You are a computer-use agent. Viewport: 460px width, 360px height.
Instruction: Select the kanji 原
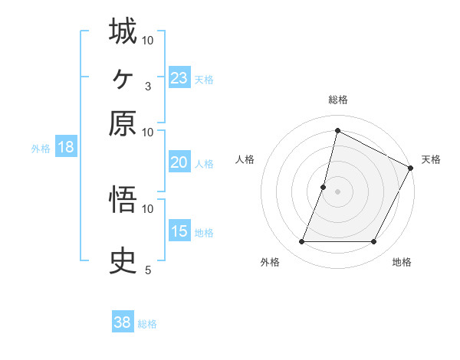pyautogui.click(x=123, y=123)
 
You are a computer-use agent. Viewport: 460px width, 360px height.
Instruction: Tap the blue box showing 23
pyautogui.click(x=179, y=78)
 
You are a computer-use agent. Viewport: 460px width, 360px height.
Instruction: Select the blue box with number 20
pyautogui.click(x=179, y=162)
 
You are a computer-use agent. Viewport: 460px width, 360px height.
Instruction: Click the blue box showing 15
pyautogui.click(x=179, y=231)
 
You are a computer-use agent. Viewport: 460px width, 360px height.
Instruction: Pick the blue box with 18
pyautogui.click(x=65, y=148)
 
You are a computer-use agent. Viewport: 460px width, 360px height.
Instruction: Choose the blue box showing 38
pyautogui.click(x=123, y=322)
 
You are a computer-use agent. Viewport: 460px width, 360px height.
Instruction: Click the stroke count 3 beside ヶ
pyautogui.click(x=147, y=86)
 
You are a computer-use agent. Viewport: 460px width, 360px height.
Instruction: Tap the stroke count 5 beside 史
pyautogui.click(x=147, y=270)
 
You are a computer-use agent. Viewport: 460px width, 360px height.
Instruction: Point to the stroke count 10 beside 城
pyautogui.click(x=148, y=40)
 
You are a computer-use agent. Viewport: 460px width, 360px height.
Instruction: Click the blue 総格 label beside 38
pyautogui.click(x=147, y=324)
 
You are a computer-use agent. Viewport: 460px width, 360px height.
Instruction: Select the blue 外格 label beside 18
pyautogui.click(x=40, y=149)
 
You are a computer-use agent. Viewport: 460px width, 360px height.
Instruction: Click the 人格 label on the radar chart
pyautogui.click(x=245, y=159)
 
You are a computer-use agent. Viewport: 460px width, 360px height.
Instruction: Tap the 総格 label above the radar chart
pyautogui.click(x=337, y=100)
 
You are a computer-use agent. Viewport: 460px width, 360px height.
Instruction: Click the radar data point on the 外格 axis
pyautogui.click(x=301, y=242)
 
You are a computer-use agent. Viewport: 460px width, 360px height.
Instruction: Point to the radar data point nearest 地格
pyautogui.click(x=374, y=242)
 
